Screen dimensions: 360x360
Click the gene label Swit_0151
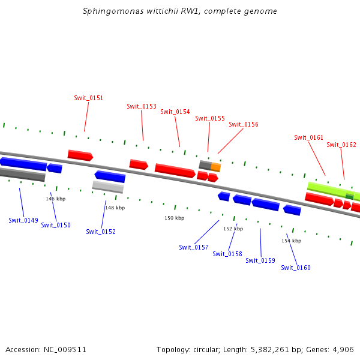[x=88, y=98]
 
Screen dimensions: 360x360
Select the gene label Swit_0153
[x=142, y=106]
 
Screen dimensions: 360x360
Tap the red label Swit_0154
[x=175, y=112]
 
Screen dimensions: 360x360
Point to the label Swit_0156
[x=244, y=124]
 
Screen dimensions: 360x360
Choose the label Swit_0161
[x=308, y=137]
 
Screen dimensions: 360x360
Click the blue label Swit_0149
[x=23, y=220]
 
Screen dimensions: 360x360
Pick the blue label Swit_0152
[x=101, y=232]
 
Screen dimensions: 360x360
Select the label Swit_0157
[x=194, y=247]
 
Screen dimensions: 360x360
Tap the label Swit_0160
[x=296, y=268]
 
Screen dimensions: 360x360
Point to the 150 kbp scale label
[x=174, y=218]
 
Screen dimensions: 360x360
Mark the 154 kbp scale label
[x=291, y=241]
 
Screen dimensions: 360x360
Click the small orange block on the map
[x=216, y=167]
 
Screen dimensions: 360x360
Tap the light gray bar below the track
[x=108, y=187]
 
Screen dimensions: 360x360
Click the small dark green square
[x=349, y=196]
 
